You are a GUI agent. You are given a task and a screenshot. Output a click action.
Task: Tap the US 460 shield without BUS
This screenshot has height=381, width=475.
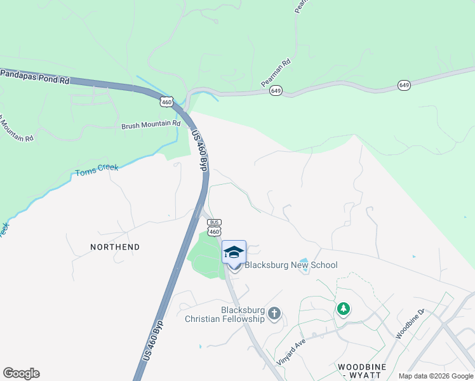point(166,102)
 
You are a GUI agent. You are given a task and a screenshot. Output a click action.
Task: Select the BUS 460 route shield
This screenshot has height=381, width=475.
point(214,226)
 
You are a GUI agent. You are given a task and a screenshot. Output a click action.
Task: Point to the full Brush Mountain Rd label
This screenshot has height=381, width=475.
point(151,126)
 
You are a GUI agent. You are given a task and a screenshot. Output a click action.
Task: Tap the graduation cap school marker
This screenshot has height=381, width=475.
point(234,252)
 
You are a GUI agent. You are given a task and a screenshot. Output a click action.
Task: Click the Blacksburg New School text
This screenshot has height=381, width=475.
point(291,265)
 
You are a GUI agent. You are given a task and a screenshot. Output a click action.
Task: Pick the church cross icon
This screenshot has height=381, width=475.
point(274,313)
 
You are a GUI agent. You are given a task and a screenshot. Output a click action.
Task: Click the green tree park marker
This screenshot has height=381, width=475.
point(344,309)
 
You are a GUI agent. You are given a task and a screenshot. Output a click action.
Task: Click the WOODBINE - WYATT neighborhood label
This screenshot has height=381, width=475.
point(368,371)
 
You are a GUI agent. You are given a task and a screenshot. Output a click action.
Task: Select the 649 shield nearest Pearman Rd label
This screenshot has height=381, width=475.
point(276,91)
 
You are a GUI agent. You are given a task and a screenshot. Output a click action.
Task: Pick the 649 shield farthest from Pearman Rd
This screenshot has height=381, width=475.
point(404,85)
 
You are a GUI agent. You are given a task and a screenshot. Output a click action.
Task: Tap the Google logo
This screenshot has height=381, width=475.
point(21,373)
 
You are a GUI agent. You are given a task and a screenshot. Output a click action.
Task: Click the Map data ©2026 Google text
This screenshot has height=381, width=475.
point(435,376)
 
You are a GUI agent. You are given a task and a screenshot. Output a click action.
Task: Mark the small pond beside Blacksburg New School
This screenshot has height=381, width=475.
point(304,264)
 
